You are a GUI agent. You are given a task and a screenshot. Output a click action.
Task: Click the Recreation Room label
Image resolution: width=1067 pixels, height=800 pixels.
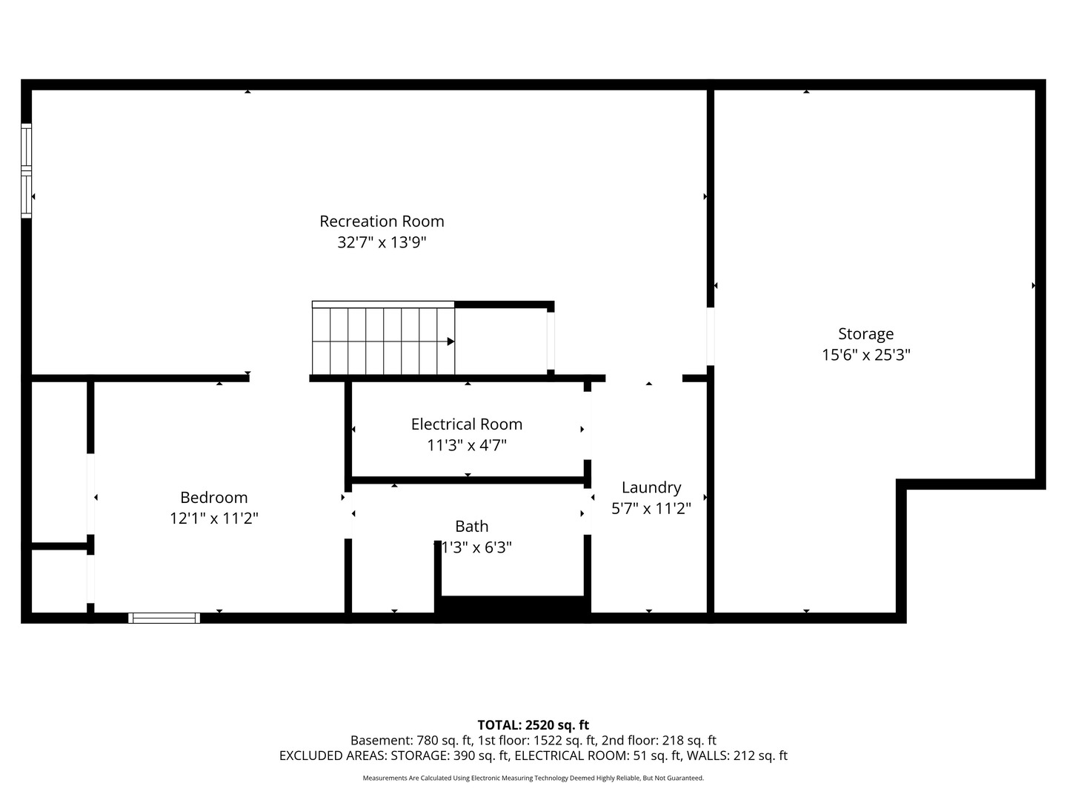(x=382, y=221)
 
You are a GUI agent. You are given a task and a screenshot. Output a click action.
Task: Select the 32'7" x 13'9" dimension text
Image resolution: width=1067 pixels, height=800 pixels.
(x=382, y=242)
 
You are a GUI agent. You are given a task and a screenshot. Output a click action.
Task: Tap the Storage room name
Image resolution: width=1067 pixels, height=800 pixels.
(x=865, y=334)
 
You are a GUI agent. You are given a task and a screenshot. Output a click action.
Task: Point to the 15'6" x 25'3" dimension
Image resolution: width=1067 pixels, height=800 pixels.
(x=865, y=355)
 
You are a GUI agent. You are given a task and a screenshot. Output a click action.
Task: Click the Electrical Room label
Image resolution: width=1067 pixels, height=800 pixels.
(x=467, y=424)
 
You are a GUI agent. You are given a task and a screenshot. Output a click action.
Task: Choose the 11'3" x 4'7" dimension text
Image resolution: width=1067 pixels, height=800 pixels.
(x=467, y=445)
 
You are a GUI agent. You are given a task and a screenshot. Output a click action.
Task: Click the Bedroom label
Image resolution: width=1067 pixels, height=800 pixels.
(x=214, y=497)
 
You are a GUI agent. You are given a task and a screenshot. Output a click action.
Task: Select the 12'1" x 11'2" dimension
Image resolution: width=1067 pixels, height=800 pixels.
(x=214, y=519)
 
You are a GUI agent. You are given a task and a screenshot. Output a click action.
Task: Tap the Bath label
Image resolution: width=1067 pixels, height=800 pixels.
(x=471, y=526)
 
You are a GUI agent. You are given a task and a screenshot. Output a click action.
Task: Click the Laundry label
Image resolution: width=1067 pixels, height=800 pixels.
(x=651, y=487)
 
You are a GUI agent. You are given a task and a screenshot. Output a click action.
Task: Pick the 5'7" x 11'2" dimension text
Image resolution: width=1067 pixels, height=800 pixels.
(x=651, y=508)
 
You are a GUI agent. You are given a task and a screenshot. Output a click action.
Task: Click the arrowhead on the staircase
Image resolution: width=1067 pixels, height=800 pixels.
(x=451, y=341)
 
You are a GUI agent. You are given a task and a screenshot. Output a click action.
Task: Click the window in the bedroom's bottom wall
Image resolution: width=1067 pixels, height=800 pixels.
(x=164, y=618)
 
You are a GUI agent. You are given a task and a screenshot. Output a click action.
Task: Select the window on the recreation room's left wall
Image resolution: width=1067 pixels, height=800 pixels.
(x=26, y=170)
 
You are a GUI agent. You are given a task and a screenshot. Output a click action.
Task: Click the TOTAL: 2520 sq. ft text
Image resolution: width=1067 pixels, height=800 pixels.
(x=533, y=725)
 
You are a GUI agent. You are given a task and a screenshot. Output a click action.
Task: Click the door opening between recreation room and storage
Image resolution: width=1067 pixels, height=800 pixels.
(x=710, y=336)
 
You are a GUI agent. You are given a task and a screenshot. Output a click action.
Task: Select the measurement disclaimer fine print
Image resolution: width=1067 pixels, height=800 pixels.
(x=533, y=778)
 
